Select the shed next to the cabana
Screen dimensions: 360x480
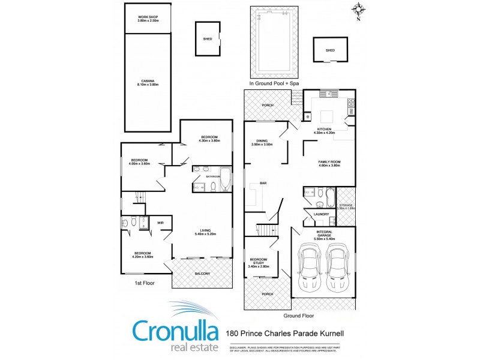[208, 39]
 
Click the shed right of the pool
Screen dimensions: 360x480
[330, 50]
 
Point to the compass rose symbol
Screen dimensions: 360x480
[358, 8]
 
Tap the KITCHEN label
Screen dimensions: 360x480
[325, 130]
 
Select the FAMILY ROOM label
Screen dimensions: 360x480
[329, 163]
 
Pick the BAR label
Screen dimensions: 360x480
[263, 183]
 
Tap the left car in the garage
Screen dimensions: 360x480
[310, 268]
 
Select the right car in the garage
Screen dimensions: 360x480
[338, 268]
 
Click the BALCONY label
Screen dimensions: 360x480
[202, 274]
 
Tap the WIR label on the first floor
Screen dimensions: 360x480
[160, 222]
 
